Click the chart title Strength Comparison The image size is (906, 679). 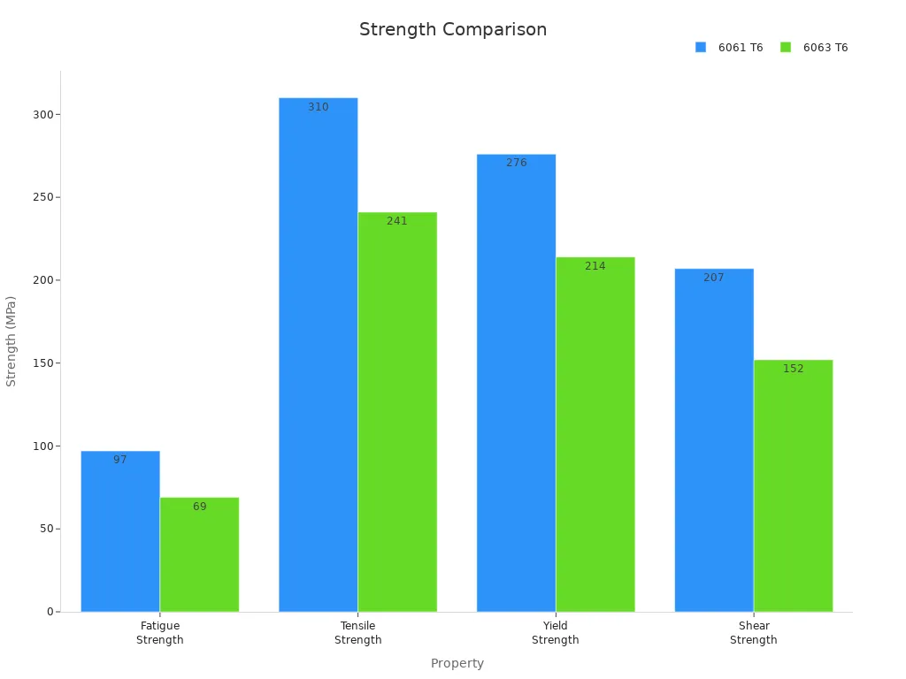coord(453,29)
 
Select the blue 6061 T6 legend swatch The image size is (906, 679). coord(701,47)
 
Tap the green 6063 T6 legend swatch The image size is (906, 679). coord(786,47)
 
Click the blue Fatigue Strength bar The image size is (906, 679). coord(120,531)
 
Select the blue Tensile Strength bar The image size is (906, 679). coord(319,355)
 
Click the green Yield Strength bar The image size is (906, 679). coord(595,434)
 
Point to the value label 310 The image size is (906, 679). coord(319,107)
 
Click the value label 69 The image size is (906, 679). coord(200,507)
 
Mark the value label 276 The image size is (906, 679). coord(517,163)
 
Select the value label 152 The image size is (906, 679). coord(794,369)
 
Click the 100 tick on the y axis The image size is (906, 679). coord(42,446)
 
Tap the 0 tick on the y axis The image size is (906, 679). coord(50,612)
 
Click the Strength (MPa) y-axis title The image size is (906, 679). coord(12,341)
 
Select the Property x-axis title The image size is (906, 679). coord(457,663)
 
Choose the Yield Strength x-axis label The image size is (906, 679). coord(556,633)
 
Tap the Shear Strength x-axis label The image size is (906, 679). coord(754,633)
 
